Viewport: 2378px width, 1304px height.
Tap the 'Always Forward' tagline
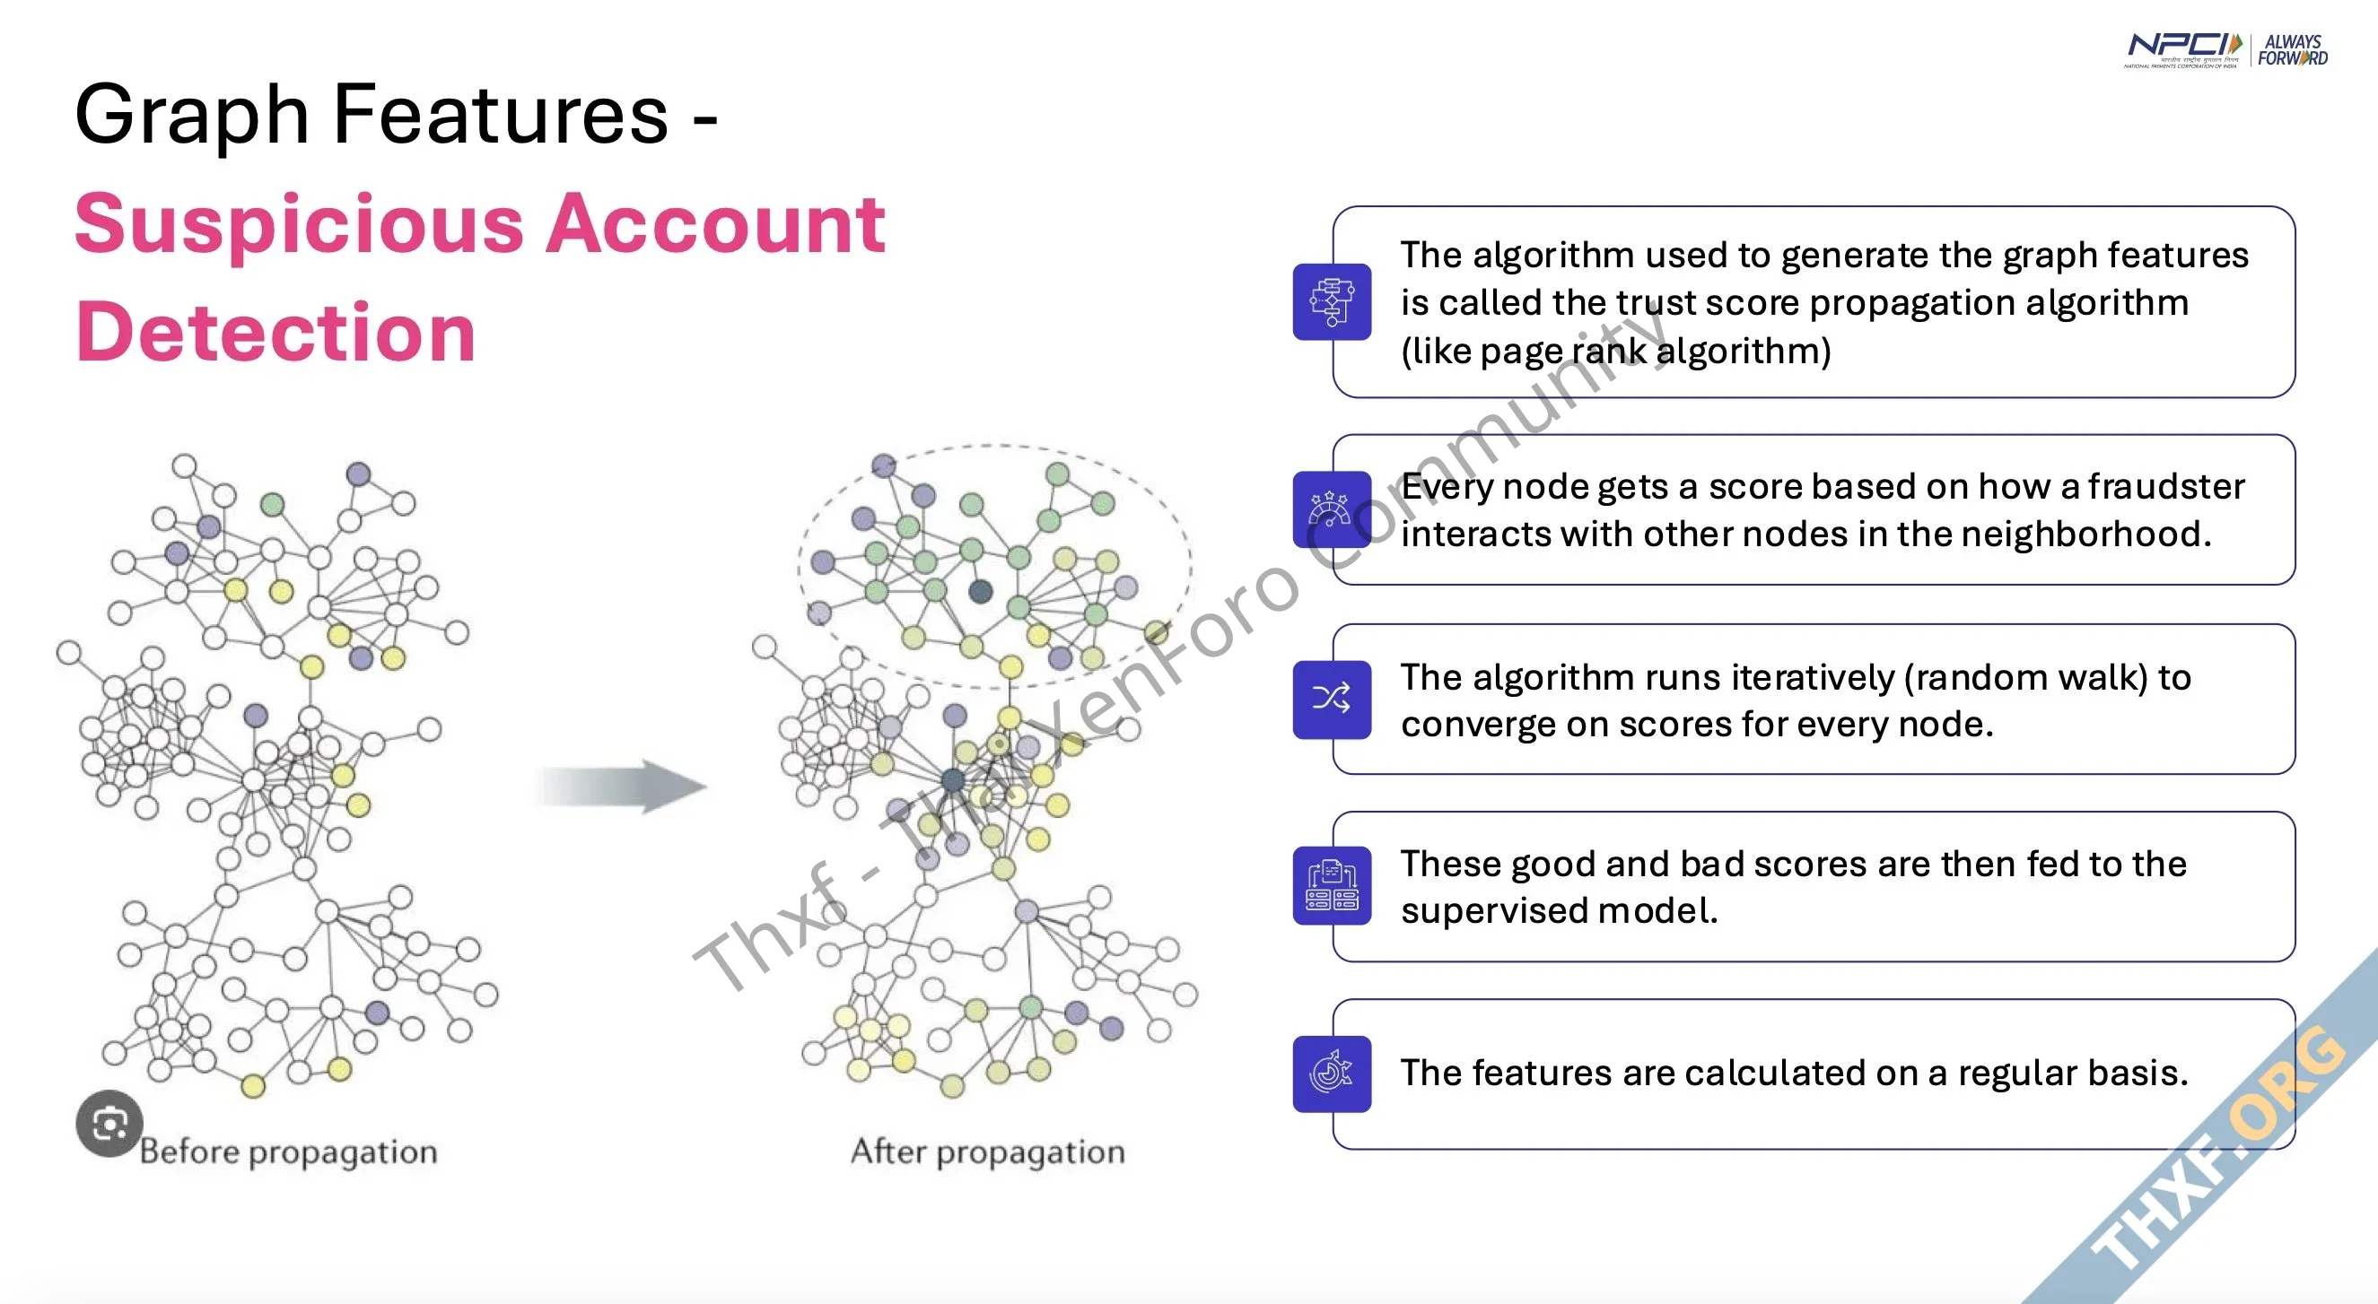[2293, 50]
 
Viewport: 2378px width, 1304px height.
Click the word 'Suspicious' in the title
[299, 224]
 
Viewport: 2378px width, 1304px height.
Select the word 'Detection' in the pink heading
[276, 331]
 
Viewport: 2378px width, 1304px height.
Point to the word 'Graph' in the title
[191, 116]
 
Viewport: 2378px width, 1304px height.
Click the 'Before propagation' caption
[288, 1152]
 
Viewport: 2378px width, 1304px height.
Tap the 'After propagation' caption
[988, 1152]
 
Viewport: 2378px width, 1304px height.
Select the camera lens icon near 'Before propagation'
[109, 1124]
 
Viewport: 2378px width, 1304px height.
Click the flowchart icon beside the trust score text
[1332, 301]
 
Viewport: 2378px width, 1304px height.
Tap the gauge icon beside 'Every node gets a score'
[1330, 509]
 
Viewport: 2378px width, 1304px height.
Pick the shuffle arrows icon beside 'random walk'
[1332, 699]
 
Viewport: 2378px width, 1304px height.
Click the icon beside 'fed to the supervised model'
[1332, 886]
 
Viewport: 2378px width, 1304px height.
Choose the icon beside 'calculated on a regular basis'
[1332, 1074]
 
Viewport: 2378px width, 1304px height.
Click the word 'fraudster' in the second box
[2166, 485]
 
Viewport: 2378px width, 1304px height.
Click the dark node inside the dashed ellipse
[981, 592]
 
